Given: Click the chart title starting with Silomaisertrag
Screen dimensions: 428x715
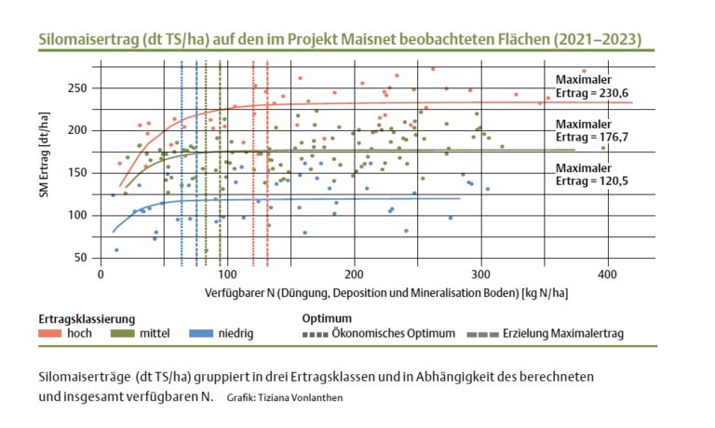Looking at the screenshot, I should coord(340,41).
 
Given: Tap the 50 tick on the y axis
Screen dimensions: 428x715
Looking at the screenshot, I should coord(81,258).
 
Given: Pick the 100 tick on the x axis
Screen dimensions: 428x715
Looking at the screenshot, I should coord(226,275).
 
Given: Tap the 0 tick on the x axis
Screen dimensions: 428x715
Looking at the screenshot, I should coord(101,275).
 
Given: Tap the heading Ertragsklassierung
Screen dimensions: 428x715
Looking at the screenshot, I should coord(88,316).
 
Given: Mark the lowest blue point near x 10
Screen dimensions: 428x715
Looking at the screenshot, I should coord(116,250).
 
